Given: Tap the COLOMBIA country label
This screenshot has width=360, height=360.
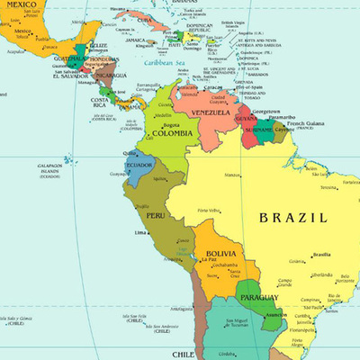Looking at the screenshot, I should pyautogui.click(x=172, y=135).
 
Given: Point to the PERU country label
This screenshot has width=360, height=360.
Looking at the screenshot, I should pyautogui.click(x=155, y=217).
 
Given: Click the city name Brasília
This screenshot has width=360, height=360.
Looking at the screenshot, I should pyautogui.click(x=320, y=255).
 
